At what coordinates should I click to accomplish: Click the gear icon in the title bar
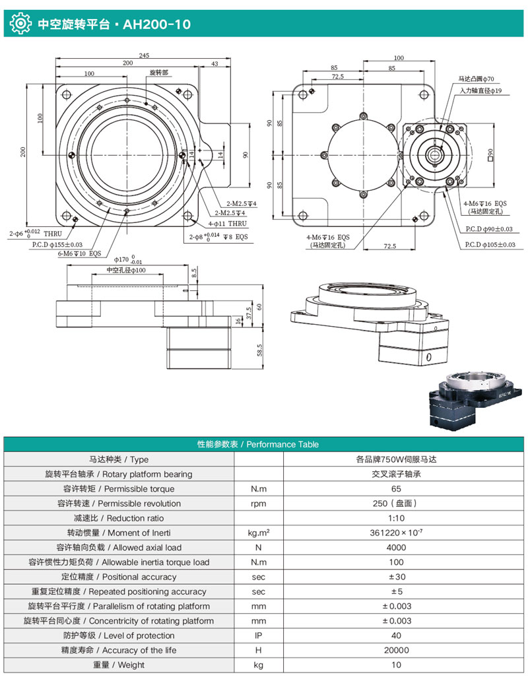tap(20, 24)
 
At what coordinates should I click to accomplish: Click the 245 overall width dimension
tap(144, 55)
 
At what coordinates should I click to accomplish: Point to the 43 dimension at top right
tap(214, 63)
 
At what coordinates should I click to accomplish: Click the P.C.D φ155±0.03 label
tap(57, 244)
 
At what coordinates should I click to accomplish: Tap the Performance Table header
tap(264, 444)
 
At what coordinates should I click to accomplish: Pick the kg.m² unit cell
tap(259, 533)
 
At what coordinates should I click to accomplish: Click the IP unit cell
tap(259, 636)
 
